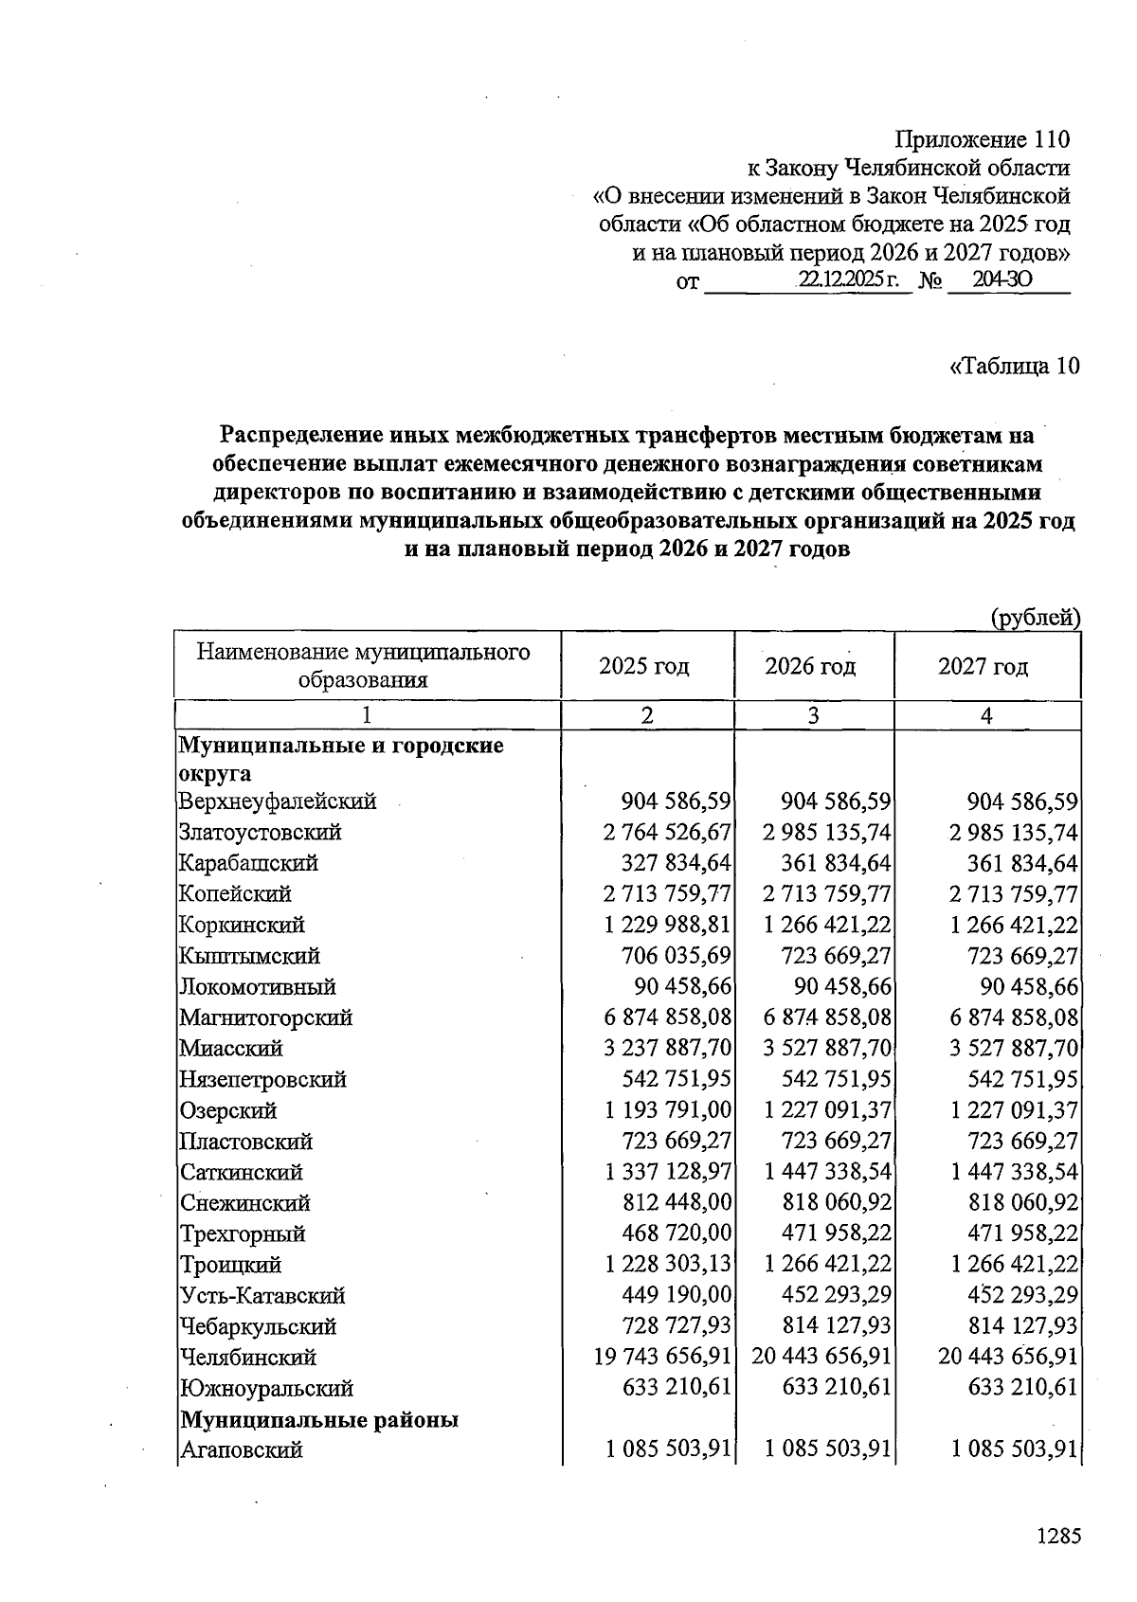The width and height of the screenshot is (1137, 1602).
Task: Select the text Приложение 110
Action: click(982, 140)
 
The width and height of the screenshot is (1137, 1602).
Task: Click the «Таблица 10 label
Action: click(1014, 367)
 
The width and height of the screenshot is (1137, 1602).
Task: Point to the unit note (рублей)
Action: click(1035, 619)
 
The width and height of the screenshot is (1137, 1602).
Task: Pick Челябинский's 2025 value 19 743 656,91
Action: click(662, 1358)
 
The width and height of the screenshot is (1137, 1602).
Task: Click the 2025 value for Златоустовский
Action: click(667, 833)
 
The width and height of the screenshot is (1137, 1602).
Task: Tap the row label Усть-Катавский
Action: click(262, 1296)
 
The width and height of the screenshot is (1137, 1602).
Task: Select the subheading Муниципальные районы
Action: click(319, 1420)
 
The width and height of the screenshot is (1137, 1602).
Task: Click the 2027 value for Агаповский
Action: click(1014, 1450)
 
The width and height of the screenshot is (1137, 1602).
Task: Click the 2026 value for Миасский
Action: click(828, 1049)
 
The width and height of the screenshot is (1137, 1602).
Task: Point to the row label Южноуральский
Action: click(266, 1389)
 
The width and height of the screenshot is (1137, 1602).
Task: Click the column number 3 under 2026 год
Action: click(813, 716)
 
